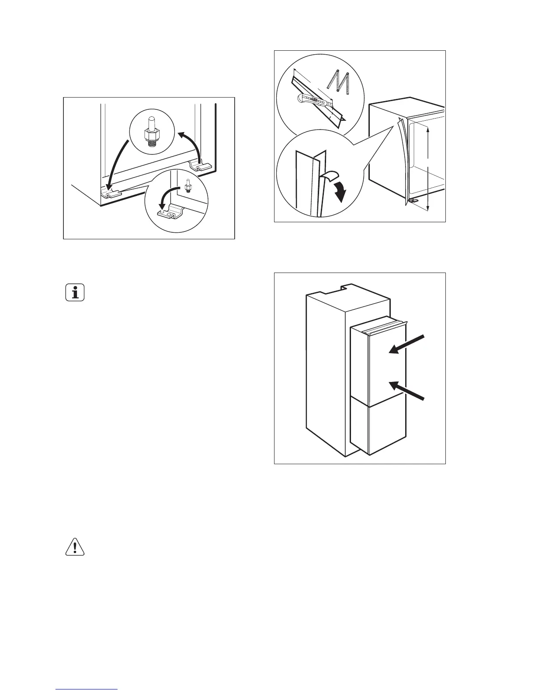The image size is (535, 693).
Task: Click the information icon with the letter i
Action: tap(75, 293)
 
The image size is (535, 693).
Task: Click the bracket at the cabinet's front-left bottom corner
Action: tap(110, 194)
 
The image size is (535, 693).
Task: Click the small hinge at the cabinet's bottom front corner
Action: tap(413, 200)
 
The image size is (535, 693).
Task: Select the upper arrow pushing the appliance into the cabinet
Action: tap(406, 343)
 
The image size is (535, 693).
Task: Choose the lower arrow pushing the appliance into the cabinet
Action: tap(406, 390)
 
